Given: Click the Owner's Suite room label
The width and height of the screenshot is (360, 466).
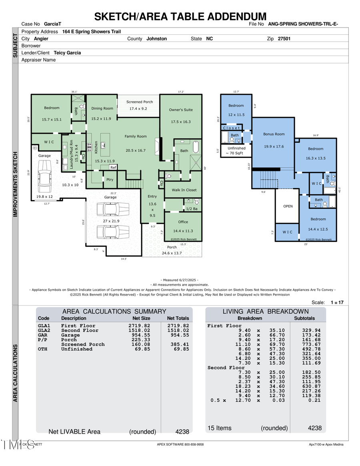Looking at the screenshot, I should point(181,110).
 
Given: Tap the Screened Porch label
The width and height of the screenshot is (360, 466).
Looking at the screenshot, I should point(140,102).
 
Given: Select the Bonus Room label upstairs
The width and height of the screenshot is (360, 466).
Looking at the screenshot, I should point(274,134).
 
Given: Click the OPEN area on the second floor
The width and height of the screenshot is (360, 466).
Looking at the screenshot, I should point(288,206).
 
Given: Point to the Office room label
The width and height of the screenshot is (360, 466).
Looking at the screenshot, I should point(183,222).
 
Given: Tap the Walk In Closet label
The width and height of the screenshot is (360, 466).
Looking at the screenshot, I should point(184,190).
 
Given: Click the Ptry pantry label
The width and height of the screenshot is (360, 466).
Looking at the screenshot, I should point(110,180).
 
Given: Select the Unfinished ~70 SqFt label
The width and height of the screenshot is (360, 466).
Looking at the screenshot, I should point(236,150).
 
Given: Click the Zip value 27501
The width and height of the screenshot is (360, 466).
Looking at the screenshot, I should point(284,39).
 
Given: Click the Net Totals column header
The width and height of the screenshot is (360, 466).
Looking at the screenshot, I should point(178,318).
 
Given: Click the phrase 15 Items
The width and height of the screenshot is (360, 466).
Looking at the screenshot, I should point(219,428).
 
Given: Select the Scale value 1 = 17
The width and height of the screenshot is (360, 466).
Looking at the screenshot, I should point(337,302).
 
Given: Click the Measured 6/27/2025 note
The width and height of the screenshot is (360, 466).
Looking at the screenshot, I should point(179,280).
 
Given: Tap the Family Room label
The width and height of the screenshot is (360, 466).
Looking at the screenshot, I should point(136,136).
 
